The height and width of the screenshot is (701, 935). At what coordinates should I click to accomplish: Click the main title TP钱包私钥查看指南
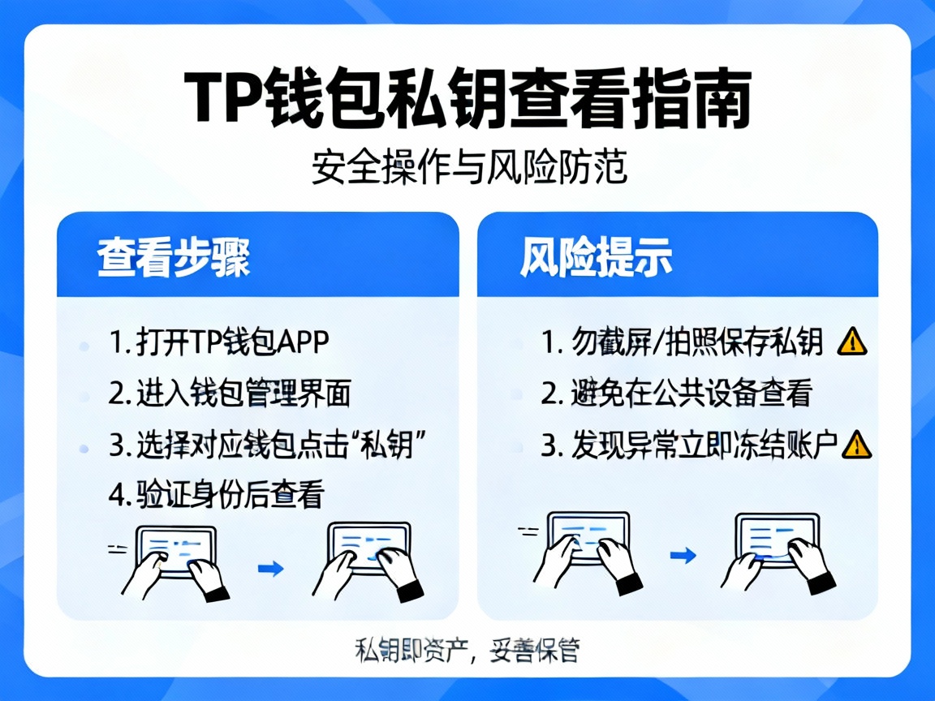pos(467,100)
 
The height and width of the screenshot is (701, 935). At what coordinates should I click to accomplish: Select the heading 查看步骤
pos(174,259)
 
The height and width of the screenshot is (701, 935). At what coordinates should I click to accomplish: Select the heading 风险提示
pos(596,259)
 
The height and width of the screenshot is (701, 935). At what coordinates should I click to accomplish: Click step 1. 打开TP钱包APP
pos(219,343)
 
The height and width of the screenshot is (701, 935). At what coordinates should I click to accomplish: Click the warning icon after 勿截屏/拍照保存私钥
pos(852,343)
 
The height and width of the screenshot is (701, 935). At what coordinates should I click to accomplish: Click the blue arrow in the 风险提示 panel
pos(686,556)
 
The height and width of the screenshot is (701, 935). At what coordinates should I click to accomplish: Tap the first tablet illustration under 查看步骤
pos(175,560)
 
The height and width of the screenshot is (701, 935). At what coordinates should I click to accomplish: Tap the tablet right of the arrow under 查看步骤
pos(369,558)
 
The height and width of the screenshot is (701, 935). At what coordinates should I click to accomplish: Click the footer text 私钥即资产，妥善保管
pos(467,649)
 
